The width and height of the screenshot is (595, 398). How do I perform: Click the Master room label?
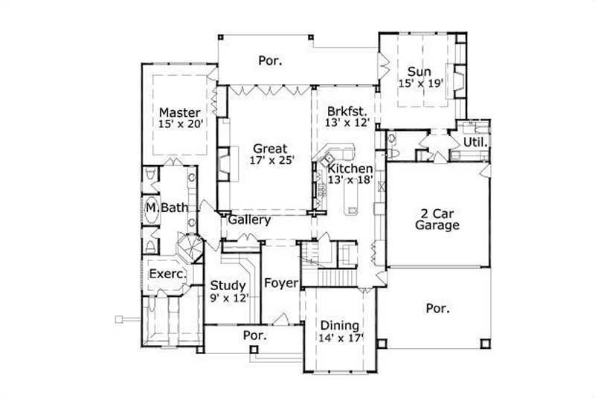179,113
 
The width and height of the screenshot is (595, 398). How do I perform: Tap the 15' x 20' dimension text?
181,126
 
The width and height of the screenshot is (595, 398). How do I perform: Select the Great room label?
269,147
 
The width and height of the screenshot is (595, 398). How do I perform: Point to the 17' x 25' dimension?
269,160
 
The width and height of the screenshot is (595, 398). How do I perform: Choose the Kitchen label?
350,169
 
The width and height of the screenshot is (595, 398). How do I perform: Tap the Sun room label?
419,71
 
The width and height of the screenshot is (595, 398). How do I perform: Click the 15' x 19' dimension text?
421,84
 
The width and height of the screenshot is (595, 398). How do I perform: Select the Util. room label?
475,142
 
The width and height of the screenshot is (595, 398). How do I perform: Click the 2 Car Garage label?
437,219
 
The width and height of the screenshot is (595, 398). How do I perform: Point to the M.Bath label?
167,207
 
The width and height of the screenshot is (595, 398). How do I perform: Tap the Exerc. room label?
167,275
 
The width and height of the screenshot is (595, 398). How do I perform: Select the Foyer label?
281,283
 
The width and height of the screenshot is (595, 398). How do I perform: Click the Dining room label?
339,325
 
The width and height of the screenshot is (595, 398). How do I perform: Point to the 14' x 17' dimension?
341,338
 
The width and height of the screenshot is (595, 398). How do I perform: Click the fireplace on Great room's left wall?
224,165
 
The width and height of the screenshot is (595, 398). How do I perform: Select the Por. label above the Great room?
270,60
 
